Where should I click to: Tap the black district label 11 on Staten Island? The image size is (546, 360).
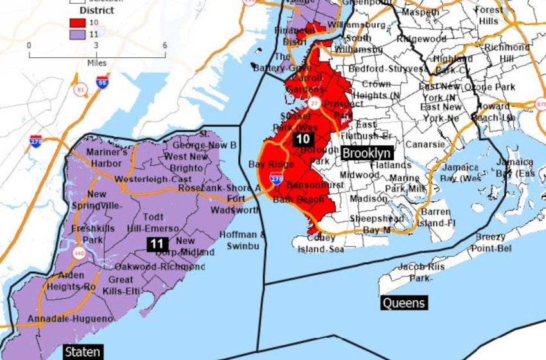click(157, 244)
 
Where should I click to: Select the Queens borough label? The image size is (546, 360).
click(403, 303)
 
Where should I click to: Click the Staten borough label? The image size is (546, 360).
click(82, 351)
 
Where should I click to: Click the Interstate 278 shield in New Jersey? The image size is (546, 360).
click(36, 141)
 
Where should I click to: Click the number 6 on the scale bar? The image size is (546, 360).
click(165, 46)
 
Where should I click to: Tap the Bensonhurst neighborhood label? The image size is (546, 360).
click(308, 184)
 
